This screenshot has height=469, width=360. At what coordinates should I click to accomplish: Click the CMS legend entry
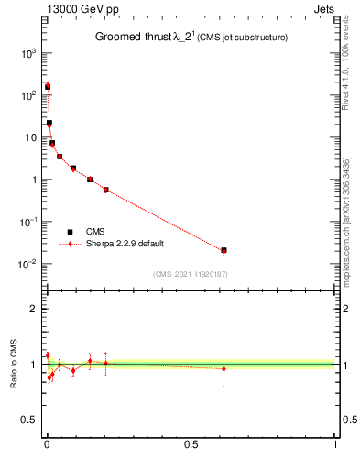point(96,232)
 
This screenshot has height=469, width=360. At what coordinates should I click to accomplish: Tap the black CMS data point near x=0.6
point(224,250)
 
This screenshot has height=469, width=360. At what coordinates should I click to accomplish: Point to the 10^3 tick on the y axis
point(27,53)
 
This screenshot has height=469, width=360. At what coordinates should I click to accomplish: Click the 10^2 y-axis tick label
point(27,95)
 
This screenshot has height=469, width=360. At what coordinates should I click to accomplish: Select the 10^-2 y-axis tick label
point(27,264)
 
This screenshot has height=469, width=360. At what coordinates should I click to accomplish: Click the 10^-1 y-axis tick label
point(27,222)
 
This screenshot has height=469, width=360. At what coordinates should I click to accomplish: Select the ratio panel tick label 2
point(35,309)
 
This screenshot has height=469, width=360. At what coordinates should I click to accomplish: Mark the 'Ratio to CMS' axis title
point(14,365)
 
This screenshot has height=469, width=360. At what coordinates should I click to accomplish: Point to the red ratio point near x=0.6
point(224,369)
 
